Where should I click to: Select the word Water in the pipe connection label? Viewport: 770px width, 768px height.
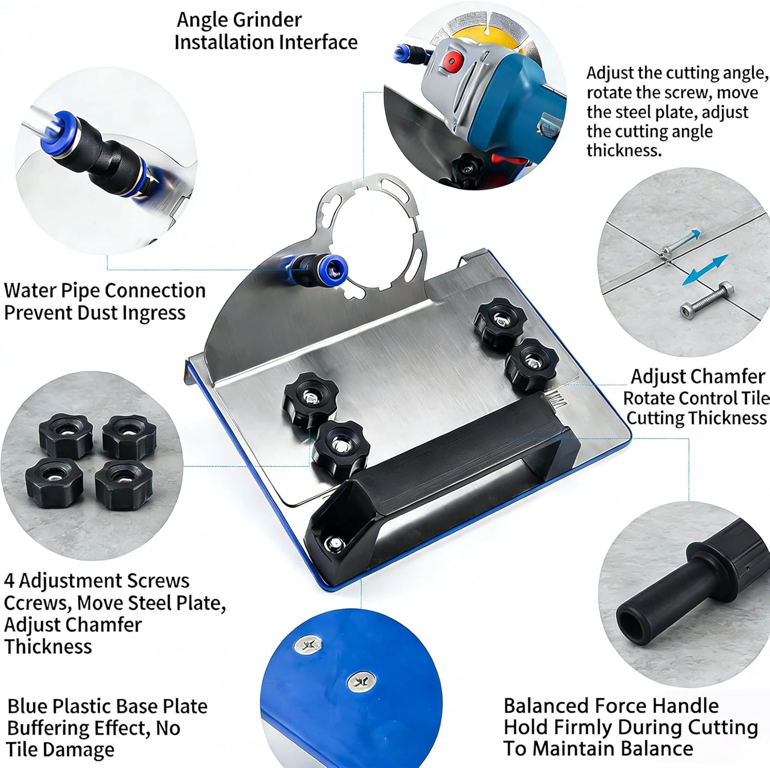(x=30, y=290)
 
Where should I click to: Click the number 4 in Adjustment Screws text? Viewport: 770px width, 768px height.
(x=9, y=581)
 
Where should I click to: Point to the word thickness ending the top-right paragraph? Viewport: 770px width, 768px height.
(x=624, y=150)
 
